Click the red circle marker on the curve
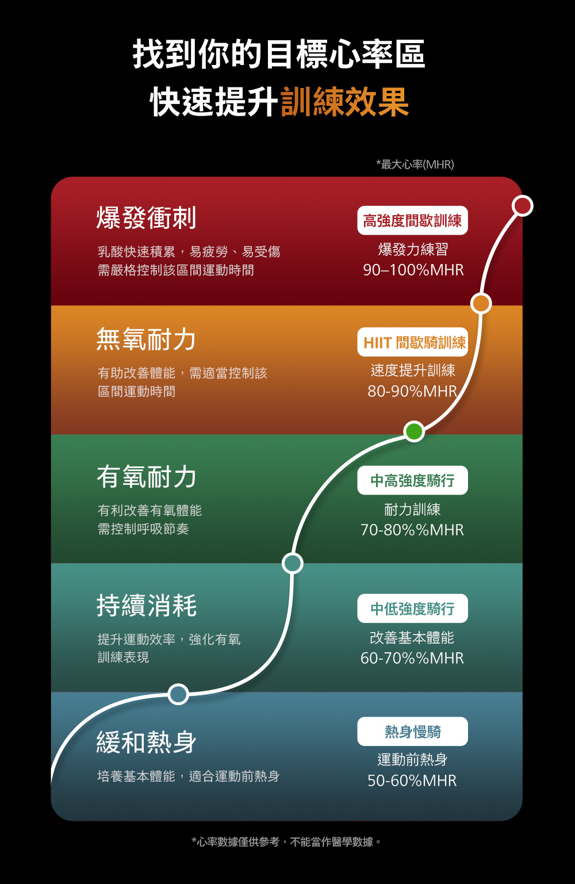click(522, 205)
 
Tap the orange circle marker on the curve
click(481, 303)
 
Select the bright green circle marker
click(413, 431)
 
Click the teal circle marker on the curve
click(292, 563)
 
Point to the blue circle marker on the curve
click(178, 694)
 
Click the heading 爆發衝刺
click(146, 218)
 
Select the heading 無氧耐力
click(146, 339)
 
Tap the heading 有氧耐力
click(146, 477)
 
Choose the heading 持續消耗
click(146, 606)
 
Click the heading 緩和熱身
click(146, 743)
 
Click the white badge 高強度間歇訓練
click(412, 221)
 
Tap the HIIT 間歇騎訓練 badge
click(412, 343)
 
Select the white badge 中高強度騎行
click(412, 481)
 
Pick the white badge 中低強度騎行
click(412, 609)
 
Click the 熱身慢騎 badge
click(412, 732)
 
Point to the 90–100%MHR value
click(413, 270)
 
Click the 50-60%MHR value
click(412, 780)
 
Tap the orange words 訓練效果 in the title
click(344, 102)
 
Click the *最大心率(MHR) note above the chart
click(415, 164)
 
